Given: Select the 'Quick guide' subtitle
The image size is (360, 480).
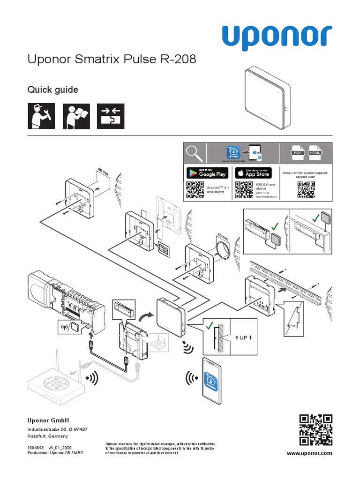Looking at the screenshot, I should pyautogui.click(x=52, y=90).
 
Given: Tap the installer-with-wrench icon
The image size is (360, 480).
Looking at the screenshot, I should pyautogui.click(x=41, y=116).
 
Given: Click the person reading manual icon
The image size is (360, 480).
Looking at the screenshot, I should pyautogui.click(x=75, y=116).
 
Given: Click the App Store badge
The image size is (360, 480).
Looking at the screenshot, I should pyautogui.click(x=253, y=172).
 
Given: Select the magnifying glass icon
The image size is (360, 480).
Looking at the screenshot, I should pyautogui.click(x=194, y=153).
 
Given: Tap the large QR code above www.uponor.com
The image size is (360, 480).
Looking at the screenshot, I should pyautogui.click(x=316, y=429).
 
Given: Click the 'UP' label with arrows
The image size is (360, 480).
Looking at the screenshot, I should pyautogui.click(x=243, y=337).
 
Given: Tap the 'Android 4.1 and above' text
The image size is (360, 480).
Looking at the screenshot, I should pyautogui.click(x=216, y=189).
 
